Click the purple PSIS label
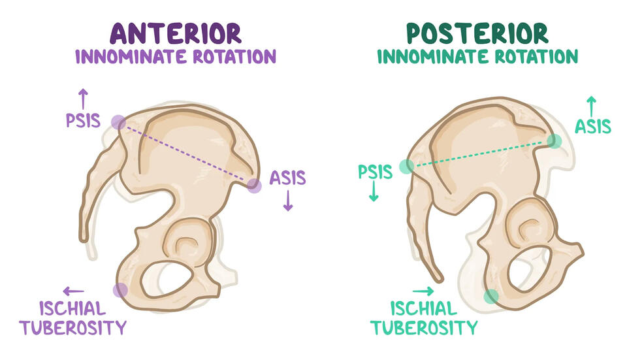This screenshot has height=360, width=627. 82,122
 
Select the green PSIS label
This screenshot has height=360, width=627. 375,172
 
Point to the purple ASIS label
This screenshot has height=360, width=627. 287,178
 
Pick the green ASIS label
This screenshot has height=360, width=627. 592,126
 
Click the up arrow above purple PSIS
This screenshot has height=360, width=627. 83,99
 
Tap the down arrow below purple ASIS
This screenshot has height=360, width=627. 287,203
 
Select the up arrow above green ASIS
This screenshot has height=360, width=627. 592,103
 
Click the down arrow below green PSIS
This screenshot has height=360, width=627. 374,194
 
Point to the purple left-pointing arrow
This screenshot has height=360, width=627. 73,291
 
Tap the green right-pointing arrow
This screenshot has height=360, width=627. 423,291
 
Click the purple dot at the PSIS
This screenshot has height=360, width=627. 118,122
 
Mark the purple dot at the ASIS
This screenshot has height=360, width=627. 254,186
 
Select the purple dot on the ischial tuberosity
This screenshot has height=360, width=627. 120,290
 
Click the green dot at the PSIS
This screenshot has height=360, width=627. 406,167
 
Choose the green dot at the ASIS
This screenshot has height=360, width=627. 554,140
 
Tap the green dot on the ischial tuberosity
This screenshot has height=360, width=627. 490,297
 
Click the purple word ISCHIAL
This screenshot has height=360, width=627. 73,308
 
